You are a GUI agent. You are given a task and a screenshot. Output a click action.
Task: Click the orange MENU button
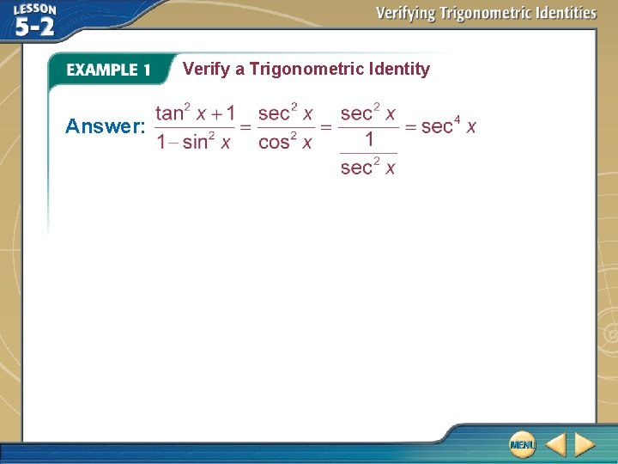pos(521,443)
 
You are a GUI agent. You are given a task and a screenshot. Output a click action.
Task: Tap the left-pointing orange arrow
pos(555,444)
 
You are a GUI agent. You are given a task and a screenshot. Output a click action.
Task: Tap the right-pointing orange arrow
pos(585,444)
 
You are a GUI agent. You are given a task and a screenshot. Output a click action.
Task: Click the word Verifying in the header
pos(406,13)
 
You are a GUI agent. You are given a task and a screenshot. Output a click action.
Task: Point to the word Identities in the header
pos(562,13)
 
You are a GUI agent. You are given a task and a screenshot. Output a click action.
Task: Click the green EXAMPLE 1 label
pos(108,70)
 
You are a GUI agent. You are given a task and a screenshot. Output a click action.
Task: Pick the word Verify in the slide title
pos(206,69)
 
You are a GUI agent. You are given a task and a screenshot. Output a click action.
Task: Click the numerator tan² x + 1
pos(195,113)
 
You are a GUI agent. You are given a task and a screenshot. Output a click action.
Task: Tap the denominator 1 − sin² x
pos(193,142)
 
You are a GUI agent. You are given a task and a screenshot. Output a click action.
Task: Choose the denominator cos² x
pos(285,142)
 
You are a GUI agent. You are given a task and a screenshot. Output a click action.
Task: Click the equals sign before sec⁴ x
pos(410,127)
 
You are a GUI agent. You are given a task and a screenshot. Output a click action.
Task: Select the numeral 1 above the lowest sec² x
pos(368,140)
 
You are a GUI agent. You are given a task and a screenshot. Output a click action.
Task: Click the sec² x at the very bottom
pos(367,167)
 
